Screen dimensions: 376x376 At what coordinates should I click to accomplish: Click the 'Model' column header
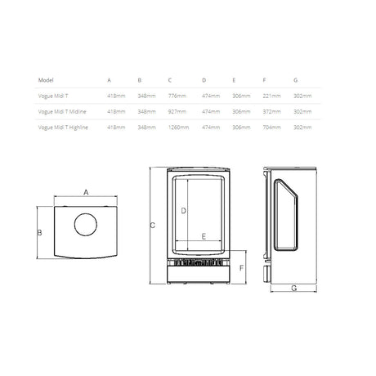click(x=47, y=80)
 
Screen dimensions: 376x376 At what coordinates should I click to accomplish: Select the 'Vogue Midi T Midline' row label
click(x=64, y=111)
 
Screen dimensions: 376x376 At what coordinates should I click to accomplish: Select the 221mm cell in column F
click(x=270, y=96)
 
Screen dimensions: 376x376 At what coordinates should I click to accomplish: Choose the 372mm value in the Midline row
click(x=270, y=111)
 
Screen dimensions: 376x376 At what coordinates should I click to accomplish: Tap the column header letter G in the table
click(x=296, y=80)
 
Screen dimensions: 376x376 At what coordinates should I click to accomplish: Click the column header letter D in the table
click(x=204, y=80)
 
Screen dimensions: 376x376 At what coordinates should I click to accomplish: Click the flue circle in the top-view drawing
click(x=86, y=225)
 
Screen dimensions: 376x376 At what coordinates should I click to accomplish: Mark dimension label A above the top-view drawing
click(x=86, y=194)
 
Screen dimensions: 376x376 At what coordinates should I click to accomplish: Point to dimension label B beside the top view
click(x=39, y=232)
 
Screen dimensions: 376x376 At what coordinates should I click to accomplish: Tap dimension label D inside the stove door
click(x=183, y=211)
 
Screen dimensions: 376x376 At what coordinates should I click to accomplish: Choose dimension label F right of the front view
click(x=241, y=267)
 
